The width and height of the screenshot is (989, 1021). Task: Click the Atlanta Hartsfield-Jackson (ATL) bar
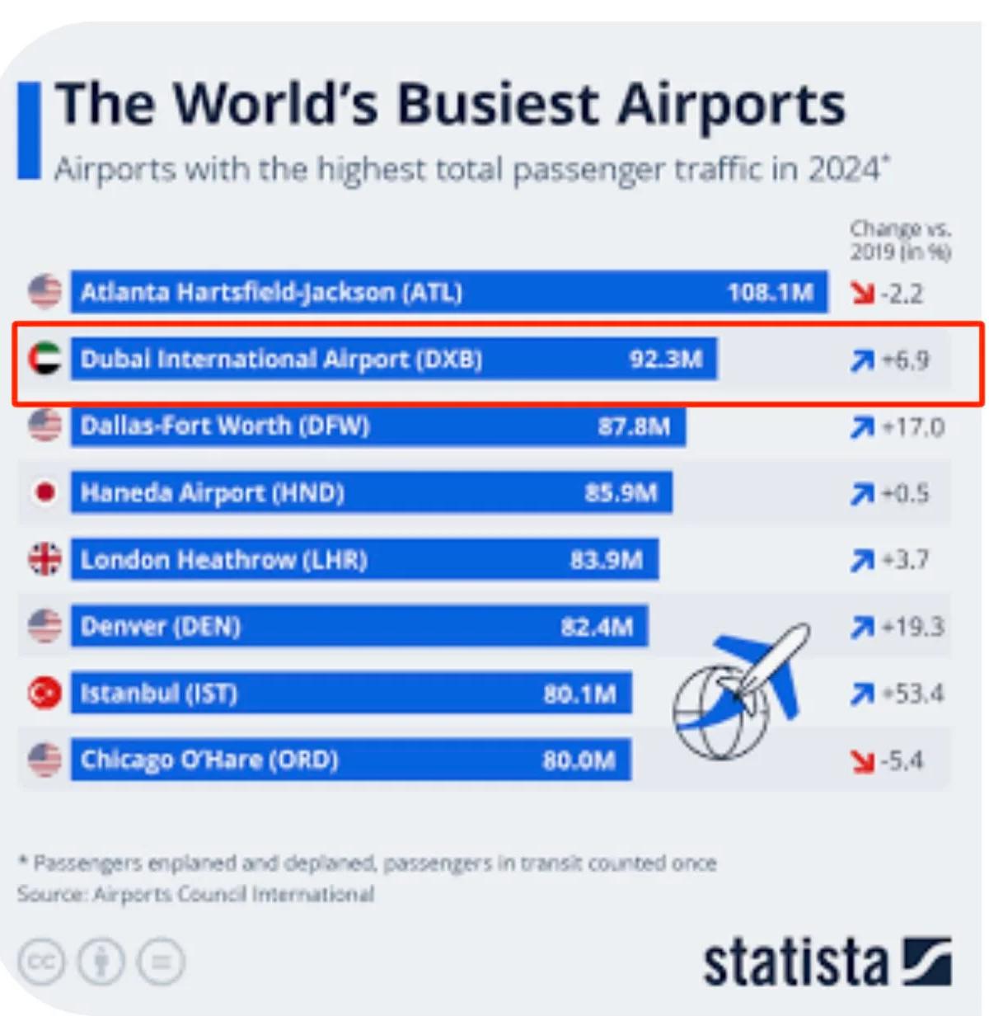449,292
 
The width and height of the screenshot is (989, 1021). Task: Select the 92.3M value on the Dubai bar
666,360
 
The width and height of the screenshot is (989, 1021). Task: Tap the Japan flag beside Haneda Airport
45,493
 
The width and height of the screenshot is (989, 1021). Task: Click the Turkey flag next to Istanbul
45,693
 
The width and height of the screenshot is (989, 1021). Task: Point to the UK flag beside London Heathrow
45,559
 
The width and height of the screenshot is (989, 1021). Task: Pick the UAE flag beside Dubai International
45,359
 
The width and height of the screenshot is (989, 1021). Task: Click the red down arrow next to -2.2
863,293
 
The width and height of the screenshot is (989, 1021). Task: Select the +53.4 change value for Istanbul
913,694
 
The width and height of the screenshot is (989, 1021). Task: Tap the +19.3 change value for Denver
913,627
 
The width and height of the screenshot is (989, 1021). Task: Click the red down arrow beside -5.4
863,760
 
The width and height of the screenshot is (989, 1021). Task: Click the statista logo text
795,962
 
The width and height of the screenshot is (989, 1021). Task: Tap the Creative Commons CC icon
41,962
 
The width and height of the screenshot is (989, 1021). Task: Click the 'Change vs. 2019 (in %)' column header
900,240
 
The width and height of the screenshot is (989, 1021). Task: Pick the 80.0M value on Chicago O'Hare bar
579,760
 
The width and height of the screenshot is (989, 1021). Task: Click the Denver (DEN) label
161,627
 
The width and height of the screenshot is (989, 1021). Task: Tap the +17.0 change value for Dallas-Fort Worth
913,427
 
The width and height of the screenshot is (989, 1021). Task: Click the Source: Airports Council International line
195,894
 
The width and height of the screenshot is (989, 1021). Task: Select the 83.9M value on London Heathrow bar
607,560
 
